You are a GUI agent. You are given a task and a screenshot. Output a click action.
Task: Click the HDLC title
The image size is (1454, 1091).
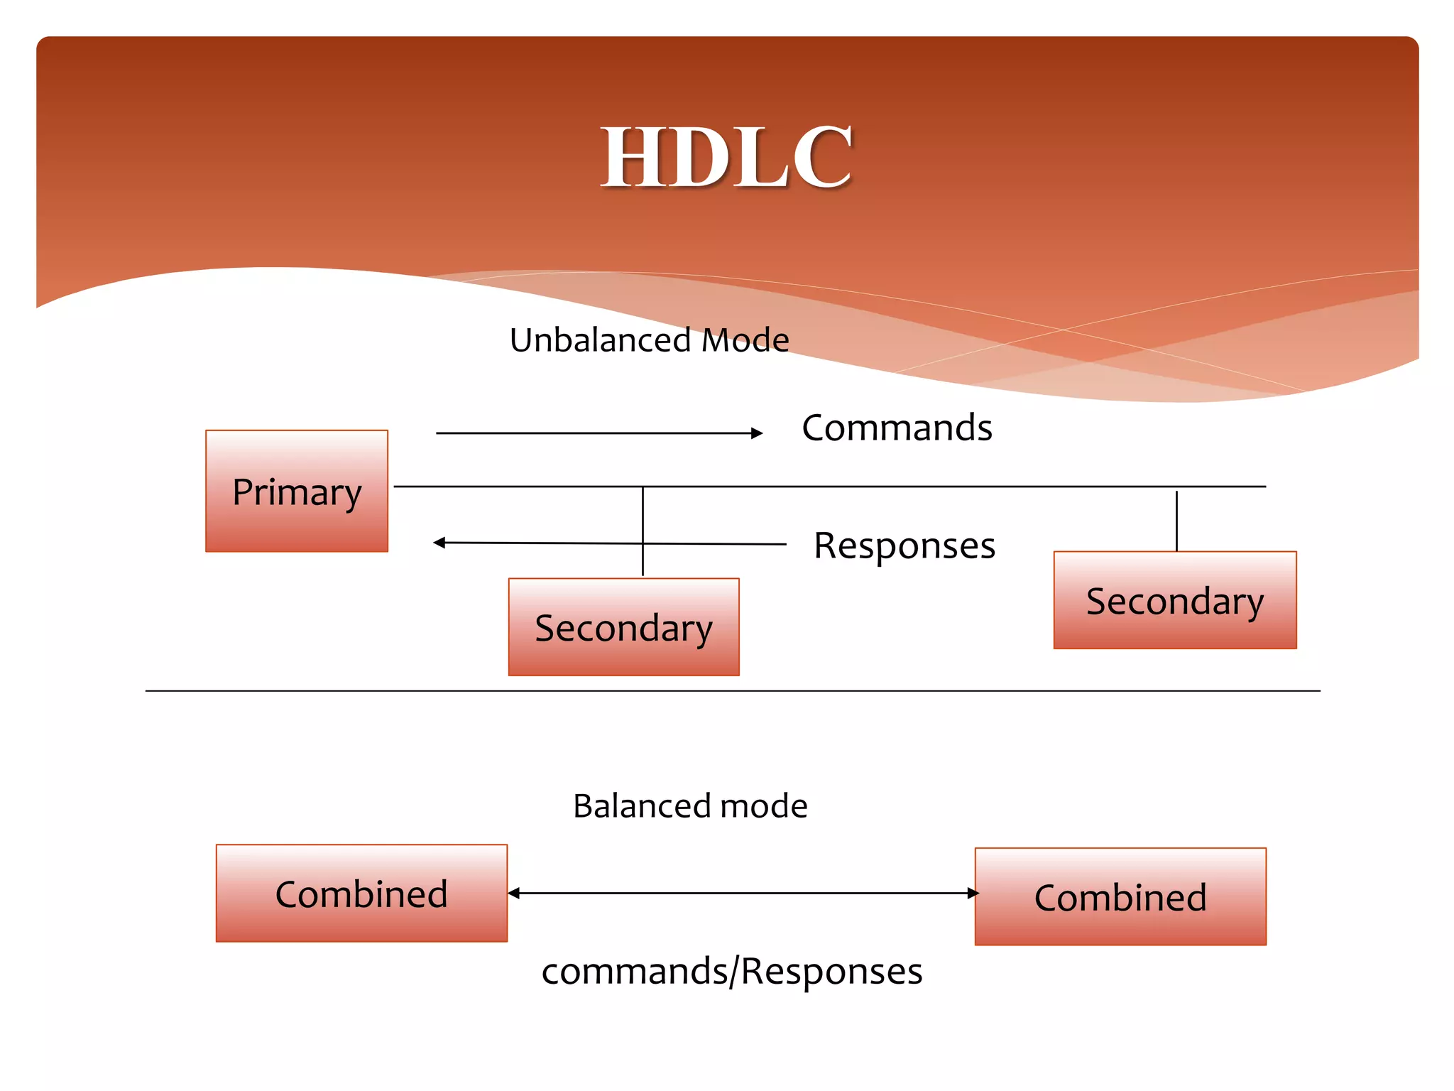(x=726, y=157)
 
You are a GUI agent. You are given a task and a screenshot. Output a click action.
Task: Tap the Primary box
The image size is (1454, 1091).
(x=297, y=491)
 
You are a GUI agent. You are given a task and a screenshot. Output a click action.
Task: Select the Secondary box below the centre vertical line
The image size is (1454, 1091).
(x=623, y=627)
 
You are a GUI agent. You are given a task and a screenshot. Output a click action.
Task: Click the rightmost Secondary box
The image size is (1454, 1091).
(x=1175, y=600)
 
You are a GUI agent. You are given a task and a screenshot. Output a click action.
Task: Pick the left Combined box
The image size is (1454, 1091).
(x=361, y=894)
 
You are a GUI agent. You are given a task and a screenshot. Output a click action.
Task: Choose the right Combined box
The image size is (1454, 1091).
(x=1120, y=897)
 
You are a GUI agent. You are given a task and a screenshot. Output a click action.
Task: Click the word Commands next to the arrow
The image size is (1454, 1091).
(x=897, y=428)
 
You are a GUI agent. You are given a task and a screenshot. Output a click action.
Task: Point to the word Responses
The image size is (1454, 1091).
(x=904, y=545)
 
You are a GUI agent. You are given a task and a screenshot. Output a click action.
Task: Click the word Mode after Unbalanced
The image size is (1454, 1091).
(x=745, y=340)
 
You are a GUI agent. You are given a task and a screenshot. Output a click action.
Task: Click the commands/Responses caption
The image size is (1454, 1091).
(x=731, y=971)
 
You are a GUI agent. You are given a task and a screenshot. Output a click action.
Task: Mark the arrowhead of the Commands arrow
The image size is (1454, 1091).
(x=758, y=433)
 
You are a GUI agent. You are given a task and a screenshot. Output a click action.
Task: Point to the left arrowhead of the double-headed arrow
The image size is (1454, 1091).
(x=514, y=894)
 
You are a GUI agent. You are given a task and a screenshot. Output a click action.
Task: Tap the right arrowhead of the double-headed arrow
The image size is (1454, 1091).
(x=973, y=894)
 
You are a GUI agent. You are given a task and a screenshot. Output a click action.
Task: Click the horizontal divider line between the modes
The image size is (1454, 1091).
(x=731, y=690)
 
